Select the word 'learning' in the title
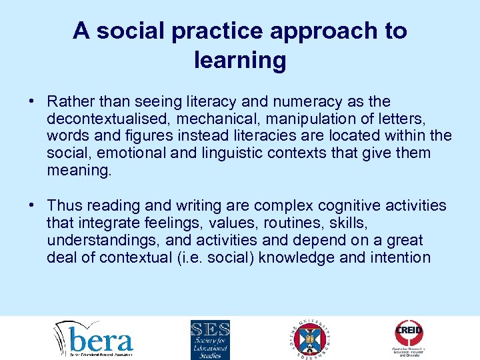click(240, 60)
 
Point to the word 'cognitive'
click(337, 205)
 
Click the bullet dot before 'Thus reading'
click(32, 205)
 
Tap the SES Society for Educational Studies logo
click(210, 339)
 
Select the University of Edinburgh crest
click(311, 339)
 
